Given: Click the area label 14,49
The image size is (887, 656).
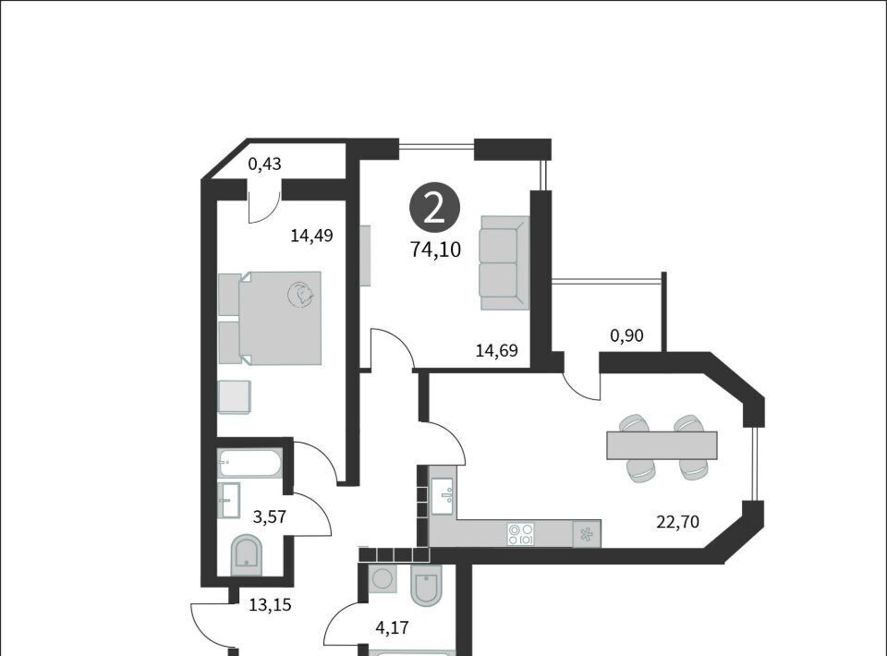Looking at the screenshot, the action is pos(311,236).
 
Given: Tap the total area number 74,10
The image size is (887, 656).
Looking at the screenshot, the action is pos(435,249).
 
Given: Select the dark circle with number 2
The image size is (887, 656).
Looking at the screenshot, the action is pos(434,209).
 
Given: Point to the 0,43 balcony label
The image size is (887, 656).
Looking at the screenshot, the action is pos(265,164).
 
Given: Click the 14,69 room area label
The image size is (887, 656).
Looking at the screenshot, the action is pos(496,350).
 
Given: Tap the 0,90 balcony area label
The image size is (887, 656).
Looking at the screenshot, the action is pos(626,336).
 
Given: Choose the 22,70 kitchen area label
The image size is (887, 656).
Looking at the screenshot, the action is pos(677,521).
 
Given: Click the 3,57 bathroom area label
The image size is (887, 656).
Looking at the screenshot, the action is pos(269,516).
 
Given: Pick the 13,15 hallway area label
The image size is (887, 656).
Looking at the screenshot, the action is pos(271,605).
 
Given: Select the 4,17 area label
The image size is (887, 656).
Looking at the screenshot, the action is pos(392,627).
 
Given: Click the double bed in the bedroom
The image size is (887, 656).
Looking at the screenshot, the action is pos(270,318).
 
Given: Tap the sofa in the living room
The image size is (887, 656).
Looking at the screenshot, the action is pos(504,262).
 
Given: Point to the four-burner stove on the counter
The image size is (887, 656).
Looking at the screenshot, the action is pos(521,534).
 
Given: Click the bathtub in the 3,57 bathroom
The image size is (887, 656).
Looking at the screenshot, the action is pos(249,464).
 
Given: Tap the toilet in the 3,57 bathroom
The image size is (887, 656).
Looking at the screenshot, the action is pos(247,555).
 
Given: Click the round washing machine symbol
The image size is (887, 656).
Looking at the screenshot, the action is pos(382,578).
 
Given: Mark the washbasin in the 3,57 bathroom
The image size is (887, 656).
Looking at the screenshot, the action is pos(229,499).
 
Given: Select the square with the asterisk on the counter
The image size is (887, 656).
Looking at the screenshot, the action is pos(587,534).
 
